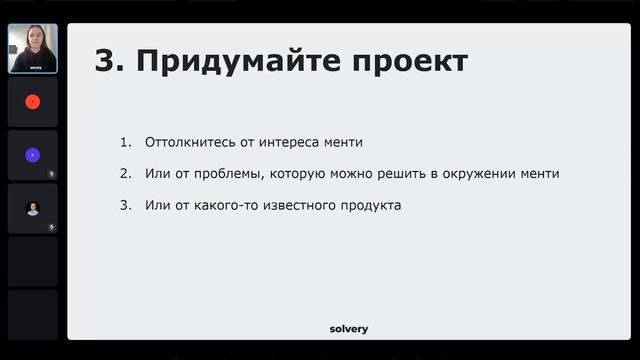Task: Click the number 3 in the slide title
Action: pos(105,61)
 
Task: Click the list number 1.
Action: pos(125,142)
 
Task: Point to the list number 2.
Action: pos(125,174)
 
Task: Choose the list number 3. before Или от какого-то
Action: pos(125,206)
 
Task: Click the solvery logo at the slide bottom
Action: pos(349,328)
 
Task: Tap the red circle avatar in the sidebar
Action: pos(32,101)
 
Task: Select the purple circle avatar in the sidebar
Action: pos(32,155)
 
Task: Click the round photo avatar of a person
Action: pos(32,208)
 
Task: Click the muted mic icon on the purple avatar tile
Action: pos(52,173)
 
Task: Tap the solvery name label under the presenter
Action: pos(32,68)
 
